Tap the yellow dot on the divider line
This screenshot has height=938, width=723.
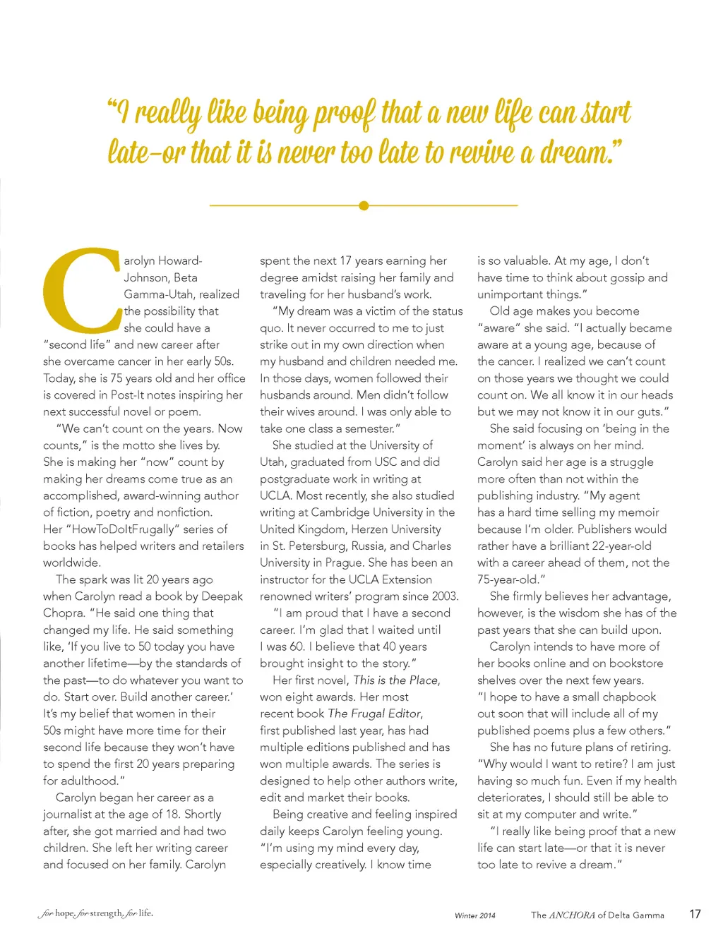tap(364, 205)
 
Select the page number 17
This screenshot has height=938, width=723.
tap(695, 914)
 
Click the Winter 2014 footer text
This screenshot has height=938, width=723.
tap(475, 915)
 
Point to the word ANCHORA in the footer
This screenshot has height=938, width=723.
tap(572, 915)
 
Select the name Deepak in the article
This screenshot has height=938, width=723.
tap(222, 596)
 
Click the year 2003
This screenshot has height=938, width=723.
tap(445, 596)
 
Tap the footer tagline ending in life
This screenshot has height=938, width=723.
tap(96, 913)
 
